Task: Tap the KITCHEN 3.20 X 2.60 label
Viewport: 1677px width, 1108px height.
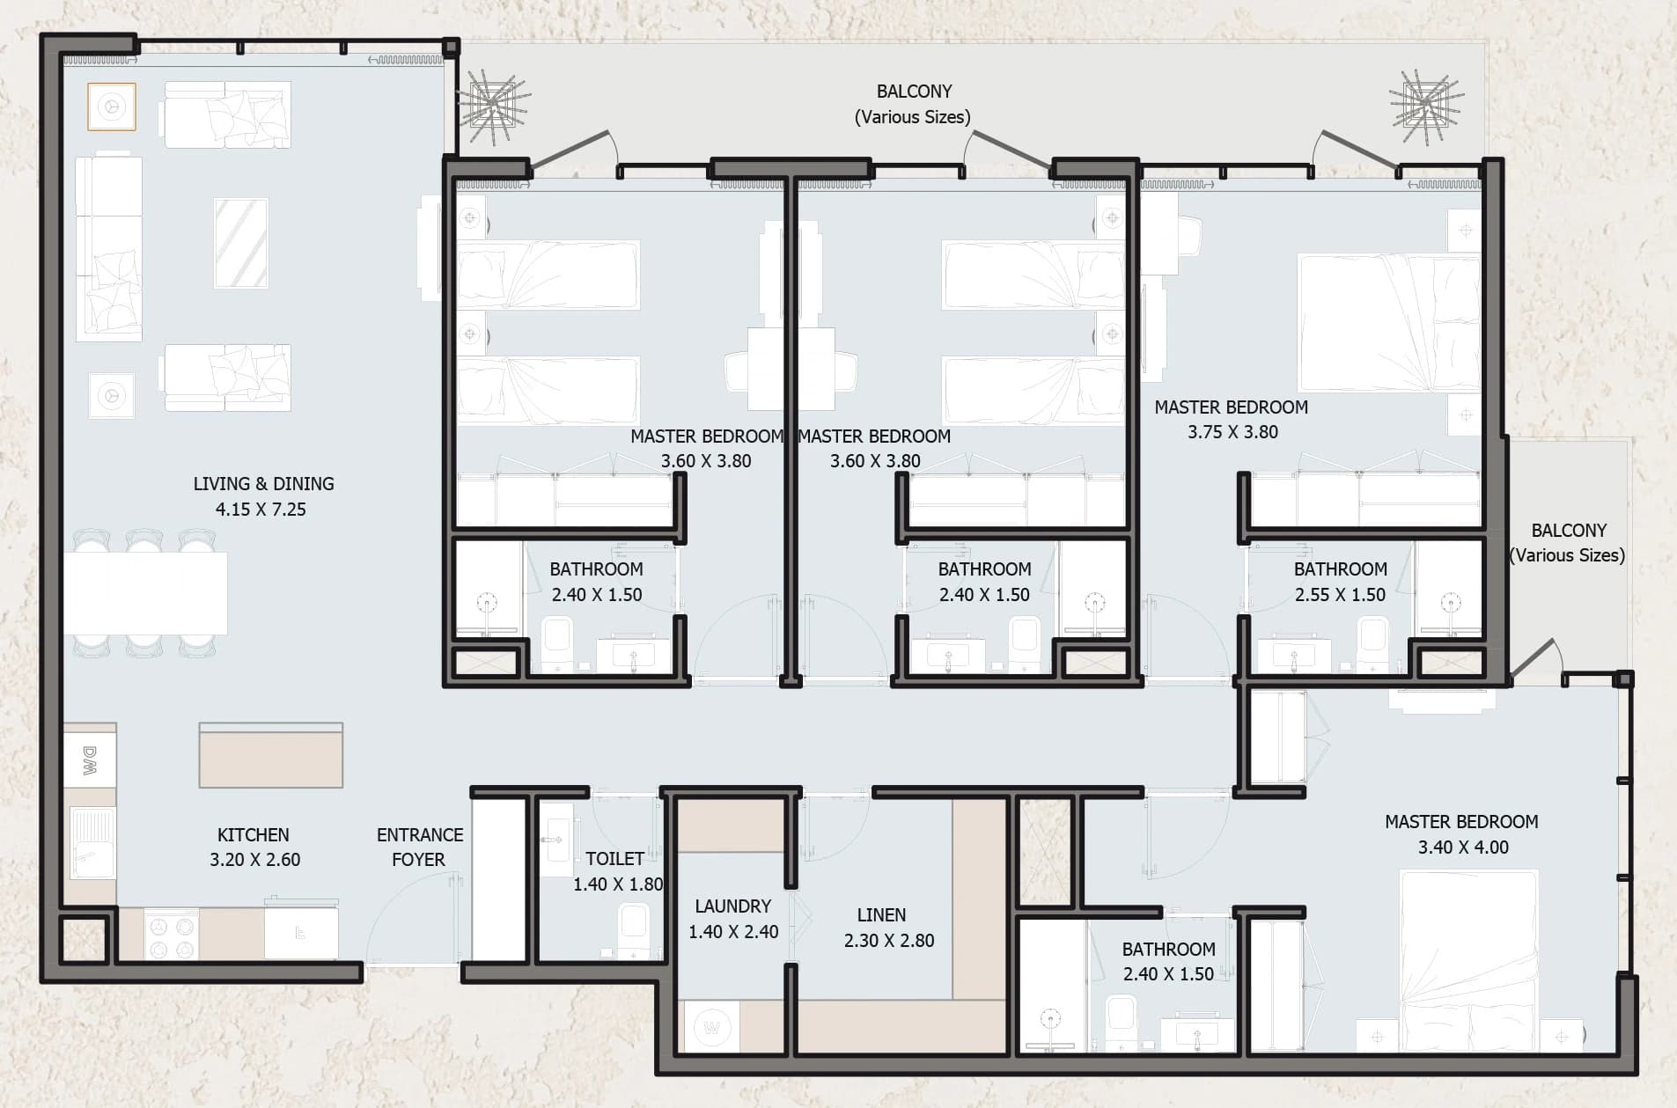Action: (254, 847)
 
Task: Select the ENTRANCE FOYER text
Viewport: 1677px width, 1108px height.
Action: (419, 847)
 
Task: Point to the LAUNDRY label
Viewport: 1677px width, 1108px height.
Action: (732, 906)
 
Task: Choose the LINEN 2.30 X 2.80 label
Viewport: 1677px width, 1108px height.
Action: (888, 928)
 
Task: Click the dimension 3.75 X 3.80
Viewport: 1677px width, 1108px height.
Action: (1232, 432)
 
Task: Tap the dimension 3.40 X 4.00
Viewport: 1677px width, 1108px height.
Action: (1463, 848)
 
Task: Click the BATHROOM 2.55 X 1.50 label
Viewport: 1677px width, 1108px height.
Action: (1340, 582)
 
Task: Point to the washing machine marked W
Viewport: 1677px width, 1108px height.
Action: (712, 1027)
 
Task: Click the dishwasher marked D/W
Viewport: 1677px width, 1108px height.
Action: (90, 761)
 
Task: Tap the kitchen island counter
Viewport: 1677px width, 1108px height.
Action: (271, 755)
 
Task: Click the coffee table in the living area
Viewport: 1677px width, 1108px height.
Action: (241, 242)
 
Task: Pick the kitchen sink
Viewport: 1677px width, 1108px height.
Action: (92, 844)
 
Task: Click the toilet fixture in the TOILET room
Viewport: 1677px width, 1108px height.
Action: (634, 931)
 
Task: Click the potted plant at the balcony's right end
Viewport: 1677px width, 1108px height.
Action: (1426, 106)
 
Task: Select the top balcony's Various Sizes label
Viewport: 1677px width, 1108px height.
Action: (913, 117)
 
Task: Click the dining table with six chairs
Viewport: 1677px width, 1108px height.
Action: (145, 593)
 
